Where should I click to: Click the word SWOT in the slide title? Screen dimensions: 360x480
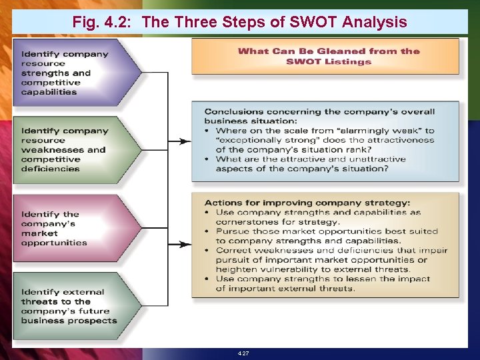point(316,22)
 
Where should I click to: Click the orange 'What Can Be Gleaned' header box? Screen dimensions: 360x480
point(325,56)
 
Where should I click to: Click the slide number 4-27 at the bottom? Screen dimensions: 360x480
point(243,353)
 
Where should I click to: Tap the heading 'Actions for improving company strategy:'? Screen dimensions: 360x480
point(307,203)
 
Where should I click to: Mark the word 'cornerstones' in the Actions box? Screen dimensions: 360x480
point(246,222)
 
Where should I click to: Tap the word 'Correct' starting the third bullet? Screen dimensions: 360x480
point(234,251)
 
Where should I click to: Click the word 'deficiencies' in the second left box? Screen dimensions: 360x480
point(50,169)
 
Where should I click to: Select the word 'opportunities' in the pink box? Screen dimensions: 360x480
point(54,243)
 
